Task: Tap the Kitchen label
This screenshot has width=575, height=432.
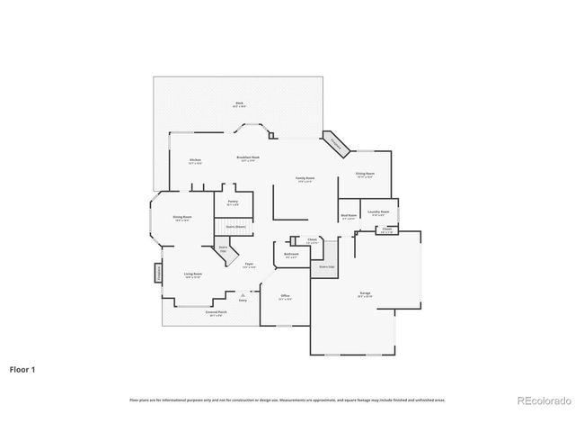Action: click(x=195, y=161)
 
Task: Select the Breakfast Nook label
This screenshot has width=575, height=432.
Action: click(x=249, y=157)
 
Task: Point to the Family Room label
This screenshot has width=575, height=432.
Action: click(x=305, y=179)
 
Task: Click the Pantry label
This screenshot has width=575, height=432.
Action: click(x=233, y=202)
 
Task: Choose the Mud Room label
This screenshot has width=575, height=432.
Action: click(x=349, y=216)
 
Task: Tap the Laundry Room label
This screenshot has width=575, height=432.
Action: click(x=378, y=213)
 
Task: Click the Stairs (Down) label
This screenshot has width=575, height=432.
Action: click(x=236, y=227)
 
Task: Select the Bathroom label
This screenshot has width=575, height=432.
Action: click(x=291, y=255)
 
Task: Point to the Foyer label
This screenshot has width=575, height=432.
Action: click(x=249, y=265)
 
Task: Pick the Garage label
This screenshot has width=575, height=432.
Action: click(x=366, y=294)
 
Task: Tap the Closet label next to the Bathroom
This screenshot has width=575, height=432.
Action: click(x=312, y=241)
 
